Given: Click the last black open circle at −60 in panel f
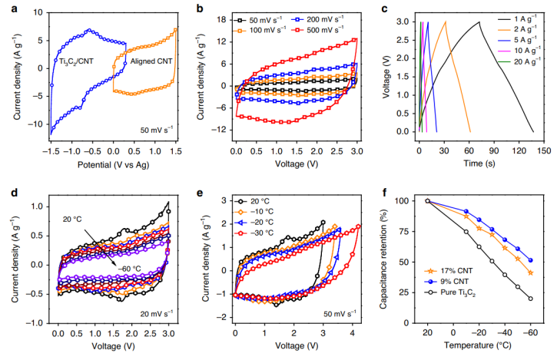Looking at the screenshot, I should pyautogui.click(x=531, y=299).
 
